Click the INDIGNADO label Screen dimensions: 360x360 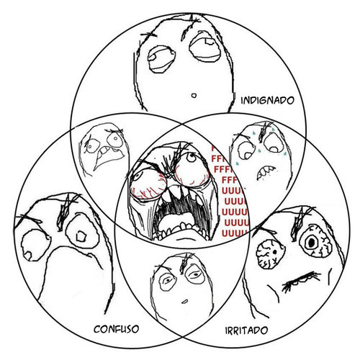click(x=267, y=100)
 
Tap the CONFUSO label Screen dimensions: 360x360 click(x=116, y=329)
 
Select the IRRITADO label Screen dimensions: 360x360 click(x=246, y=330)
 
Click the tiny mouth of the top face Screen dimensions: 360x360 click(x=194, y=96)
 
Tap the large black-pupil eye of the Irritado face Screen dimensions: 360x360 click(x=315, y=243)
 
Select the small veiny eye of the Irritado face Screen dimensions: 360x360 click(x=270, y=254)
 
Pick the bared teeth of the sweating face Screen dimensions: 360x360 click(x=266, y=172)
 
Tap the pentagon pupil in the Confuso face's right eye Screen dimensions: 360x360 click(x=81, y=237)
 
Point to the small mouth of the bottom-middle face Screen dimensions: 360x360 click(x=184, y=302)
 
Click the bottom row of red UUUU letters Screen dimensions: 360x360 click(x=234, y=233)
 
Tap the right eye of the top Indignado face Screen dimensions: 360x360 click(x=204, y=48)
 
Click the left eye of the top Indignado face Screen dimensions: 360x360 click(x=161, y=58)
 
